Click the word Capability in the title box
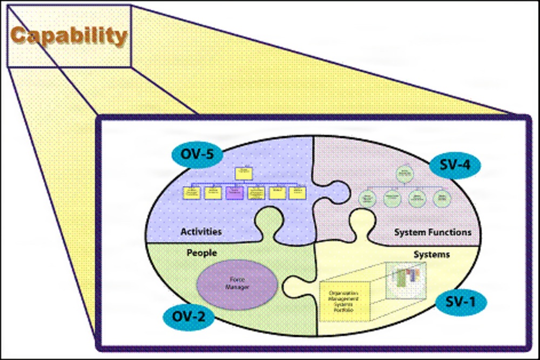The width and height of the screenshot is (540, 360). click(x=69, y=36)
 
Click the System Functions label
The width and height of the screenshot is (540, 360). click(x=432, y=232)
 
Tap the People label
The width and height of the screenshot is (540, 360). click(x=201, y=252)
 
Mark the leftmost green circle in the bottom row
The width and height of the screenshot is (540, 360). click(x=368, y=198)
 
